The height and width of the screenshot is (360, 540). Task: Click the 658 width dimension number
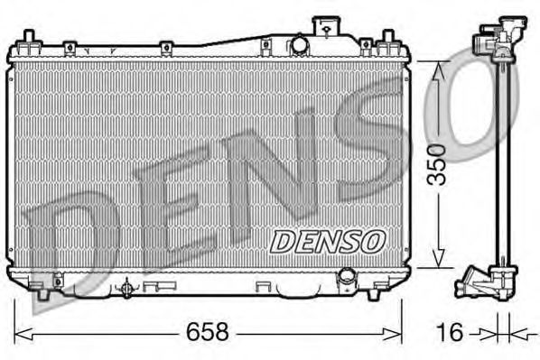pos(208,332)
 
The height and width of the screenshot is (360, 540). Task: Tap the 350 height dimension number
pos(436,164)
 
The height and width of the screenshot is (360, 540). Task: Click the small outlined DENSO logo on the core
pos(327,242)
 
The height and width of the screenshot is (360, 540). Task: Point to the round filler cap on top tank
pos(299,44)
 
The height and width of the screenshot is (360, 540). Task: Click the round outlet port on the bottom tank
pos(347,276)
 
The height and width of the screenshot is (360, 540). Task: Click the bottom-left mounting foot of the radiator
pos(42,293)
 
